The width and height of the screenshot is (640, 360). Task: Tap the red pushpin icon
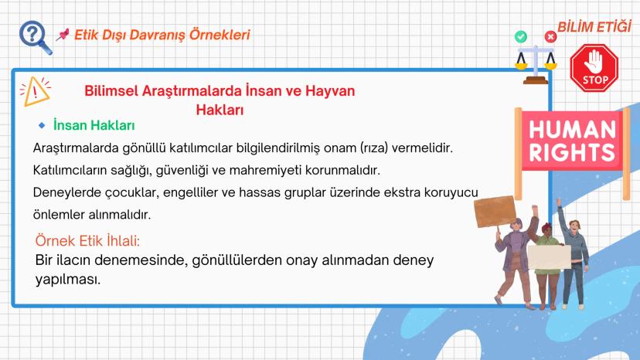62,35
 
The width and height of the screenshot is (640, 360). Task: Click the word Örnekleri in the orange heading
220,35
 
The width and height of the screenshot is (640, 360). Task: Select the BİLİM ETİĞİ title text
594,27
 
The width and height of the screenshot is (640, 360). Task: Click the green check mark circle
520,37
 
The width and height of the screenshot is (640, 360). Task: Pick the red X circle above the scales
550,37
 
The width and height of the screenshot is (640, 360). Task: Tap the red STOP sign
594,68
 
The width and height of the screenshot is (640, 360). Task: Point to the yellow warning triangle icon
35,91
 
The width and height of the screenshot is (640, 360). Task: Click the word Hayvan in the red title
330,90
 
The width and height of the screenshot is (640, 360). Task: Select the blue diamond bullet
42,125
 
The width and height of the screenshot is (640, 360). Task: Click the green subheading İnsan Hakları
94,125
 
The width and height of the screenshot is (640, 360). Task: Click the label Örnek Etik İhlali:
87,241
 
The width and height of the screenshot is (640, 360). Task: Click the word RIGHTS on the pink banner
572,153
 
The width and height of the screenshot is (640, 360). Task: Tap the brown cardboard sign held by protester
495,212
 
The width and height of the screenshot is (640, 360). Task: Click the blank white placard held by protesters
550,256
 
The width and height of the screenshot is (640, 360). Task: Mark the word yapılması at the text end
68,280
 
